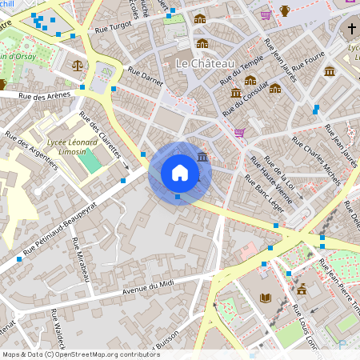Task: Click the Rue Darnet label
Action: point(150,78)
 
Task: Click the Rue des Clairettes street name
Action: point(100,134)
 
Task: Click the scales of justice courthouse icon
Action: point(77,65)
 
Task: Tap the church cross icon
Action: point(352,30)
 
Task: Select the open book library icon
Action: point(266,298)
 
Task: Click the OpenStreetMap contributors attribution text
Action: point(81,354)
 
